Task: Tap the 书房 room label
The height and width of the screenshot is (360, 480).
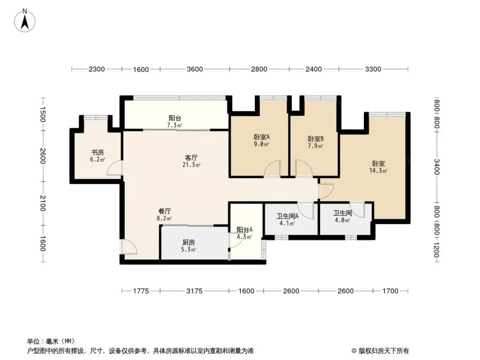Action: coord(97,152)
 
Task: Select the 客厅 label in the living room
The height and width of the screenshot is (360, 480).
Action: coord(192,157)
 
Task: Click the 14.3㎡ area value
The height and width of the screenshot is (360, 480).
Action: coord(378,170)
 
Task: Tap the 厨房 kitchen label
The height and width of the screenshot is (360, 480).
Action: coord(188,242)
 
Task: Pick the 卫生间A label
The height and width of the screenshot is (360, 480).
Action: coord(288,216)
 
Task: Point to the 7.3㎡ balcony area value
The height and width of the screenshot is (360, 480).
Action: coord(174,126)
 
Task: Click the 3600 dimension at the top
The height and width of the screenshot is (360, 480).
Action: coord(194,69)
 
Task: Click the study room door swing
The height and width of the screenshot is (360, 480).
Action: coord(115,169)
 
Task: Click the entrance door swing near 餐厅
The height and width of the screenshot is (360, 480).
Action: coord(129,246)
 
